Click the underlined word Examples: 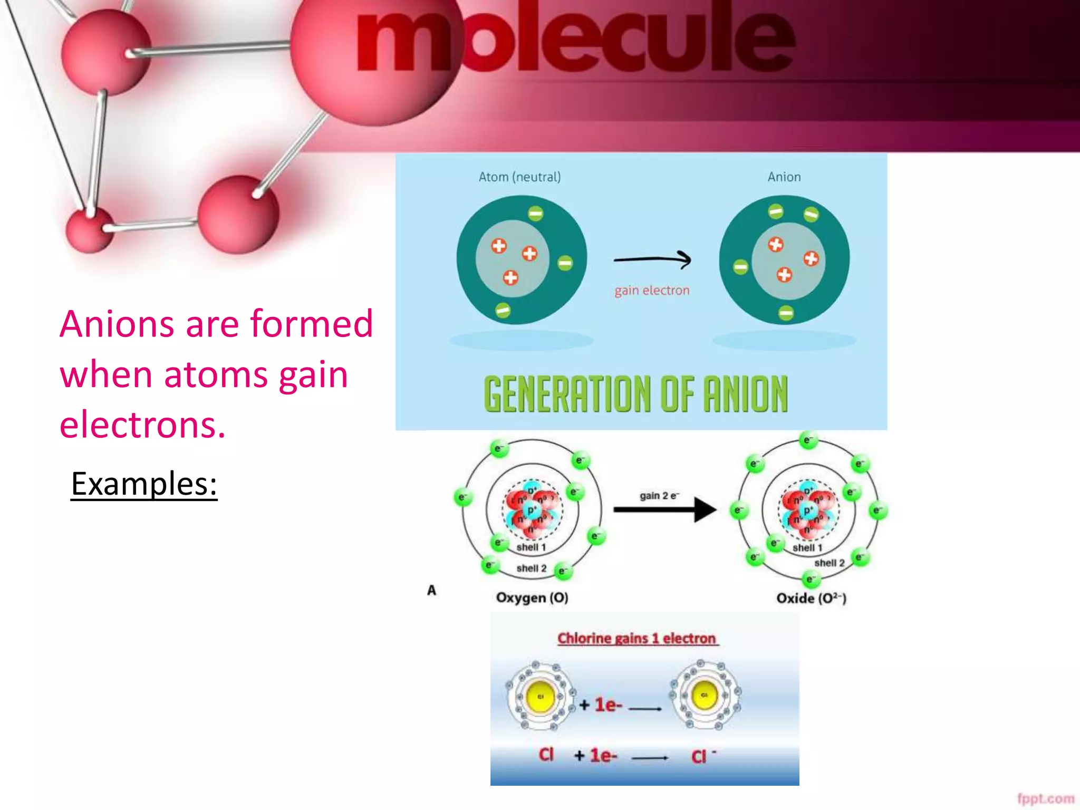[x=144, y=484]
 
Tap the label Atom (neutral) [x=519, y=177]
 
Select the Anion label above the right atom [x=784, y=177]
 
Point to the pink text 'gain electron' [x=652, y=291]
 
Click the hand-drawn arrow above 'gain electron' [x=652, y=259]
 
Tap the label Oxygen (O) [x=532, y=597]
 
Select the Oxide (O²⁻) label [x=811, y=598]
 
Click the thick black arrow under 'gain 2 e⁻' [x=664, y=509]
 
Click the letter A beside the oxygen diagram [x=431, y=590]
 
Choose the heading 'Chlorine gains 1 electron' [x=637, y=639]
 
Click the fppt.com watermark [x=1045, y=798]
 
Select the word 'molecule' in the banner [x=575, y=40]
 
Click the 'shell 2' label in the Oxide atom [x=829, y=563]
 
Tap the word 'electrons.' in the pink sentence [x=142, y=425]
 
